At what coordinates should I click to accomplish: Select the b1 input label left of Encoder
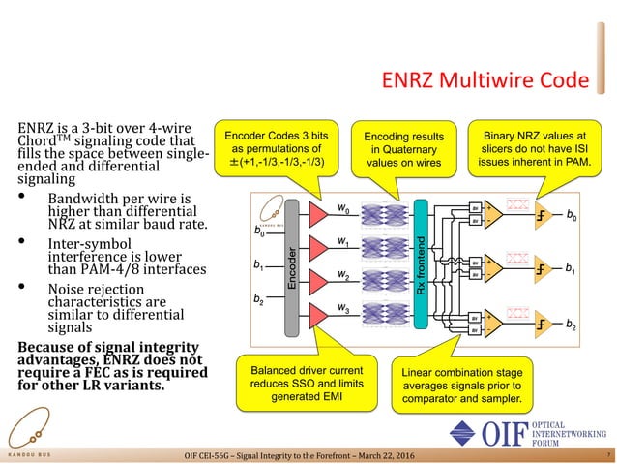click(x=258, y=264)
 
